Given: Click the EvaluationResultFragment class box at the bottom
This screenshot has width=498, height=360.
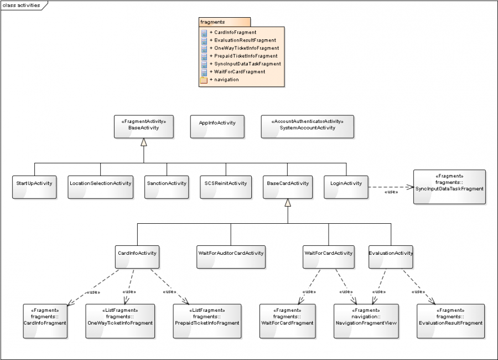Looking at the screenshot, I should [450, 321].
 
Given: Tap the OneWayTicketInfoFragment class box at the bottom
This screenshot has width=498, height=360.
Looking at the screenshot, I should [120, 321].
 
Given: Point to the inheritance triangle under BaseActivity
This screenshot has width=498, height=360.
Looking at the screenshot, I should [144, 142].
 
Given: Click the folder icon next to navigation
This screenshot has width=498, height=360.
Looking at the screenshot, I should [204, 80].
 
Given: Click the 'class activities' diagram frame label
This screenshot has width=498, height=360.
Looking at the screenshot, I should [22, 5].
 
